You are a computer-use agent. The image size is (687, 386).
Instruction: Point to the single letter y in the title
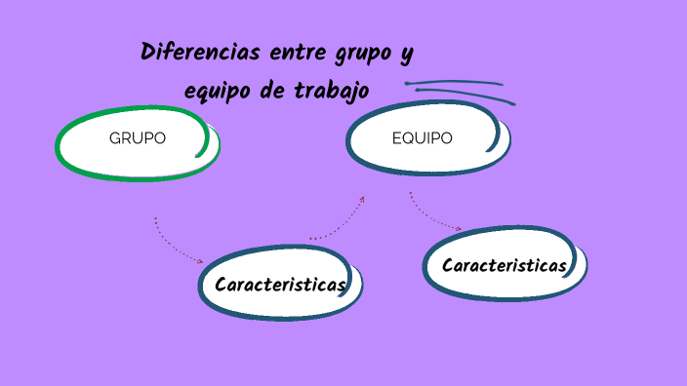(x=407, y=54)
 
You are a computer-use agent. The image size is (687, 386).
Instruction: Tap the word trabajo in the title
(x=331, y=92)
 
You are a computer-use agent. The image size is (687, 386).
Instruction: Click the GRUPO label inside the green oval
(x=138, y=138)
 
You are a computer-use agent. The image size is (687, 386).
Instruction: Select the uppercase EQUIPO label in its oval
(x=422, y=138)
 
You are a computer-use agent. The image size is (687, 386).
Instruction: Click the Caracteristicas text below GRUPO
(x=280, y=285)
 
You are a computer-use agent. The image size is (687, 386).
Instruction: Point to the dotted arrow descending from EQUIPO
(x=429, y=216)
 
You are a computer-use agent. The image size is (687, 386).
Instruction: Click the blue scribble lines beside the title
(x=459, y=90)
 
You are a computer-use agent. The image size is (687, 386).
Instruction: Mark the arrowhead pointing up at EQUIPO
(x=362, y=199)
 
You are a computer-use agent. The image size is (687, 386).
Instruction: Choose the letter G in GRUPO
(x=115, y=138)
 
